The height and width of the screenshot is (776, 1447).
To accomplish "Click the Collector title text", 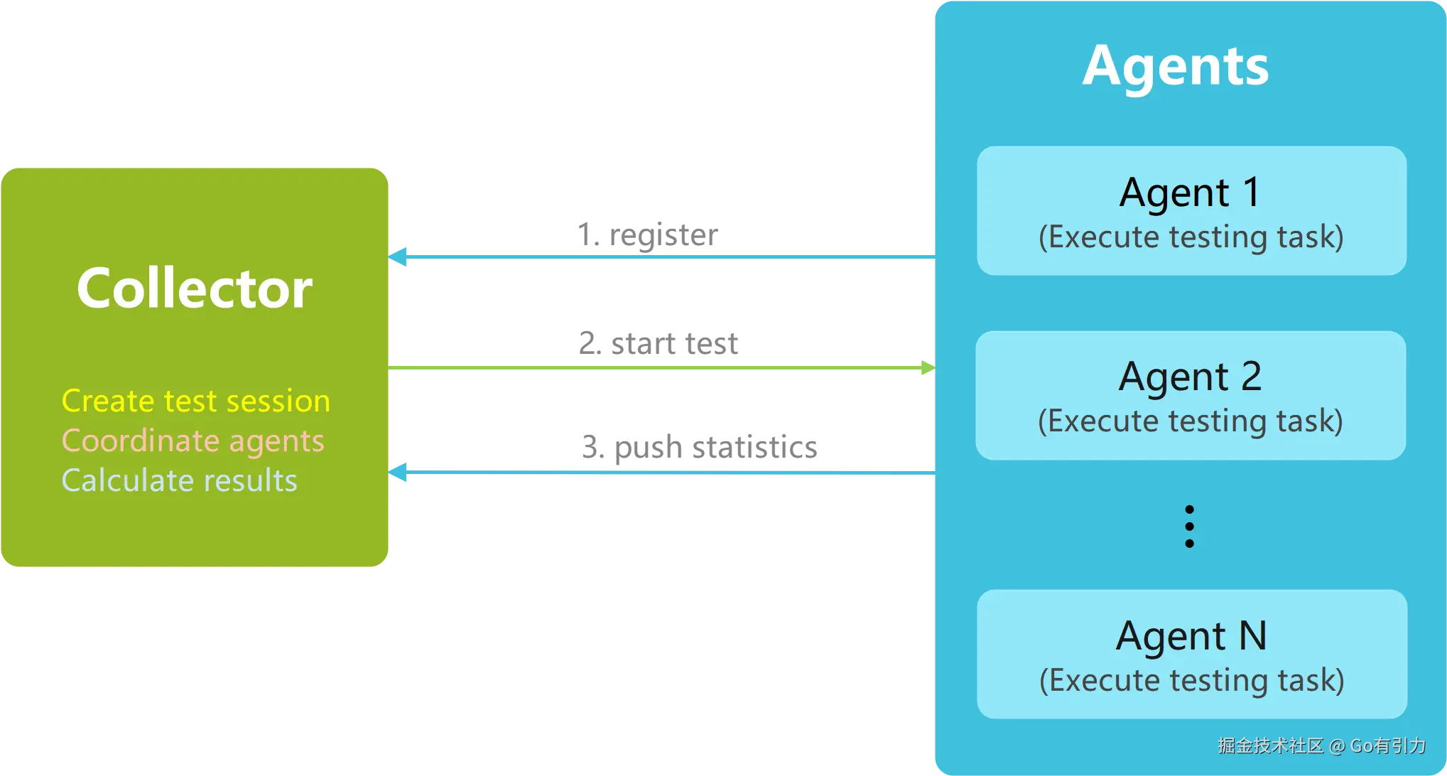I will tap(195, 289).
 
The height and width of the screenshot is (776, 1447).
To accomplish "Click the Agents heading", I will tap(1176, 66).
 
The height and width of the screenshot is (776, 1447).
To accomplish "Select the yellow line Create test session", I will tap(196, 401).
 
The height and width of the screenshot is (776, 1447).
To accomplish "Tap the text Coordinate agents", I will tap(193, 441).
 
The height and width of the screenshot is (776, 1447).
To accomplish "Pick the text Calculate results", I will tap(179, 481).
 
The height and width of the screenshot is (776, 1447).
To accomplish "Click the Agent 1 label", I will tap(1190, 193).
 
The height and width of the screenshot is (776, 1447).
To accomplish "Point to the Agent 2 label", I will tap(1190, 377).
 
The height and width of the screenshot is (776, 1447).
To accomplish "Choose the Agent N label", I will tap(1191, 635).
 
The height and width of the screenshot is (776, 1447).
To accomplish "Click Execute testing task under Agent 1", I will tap(1191, 237).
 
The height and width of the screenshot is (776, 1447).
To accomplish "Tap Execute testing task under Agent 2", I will tap(1191, 421).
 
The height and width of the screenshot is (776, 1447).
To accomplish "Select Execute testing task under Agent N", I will tap(1192, 681).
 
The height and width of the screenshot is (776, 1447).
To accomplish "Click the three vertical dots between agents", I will tap(1190, 527).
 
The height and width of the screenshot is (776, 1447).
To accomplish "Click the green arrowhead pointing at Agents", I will tap(927, 367).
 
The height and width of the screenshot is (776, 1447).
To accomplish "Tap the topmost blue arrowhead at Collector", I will tap(400, 256).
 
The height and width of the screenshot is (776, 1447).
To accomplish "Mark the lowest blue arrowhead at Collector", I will tap(400, 472).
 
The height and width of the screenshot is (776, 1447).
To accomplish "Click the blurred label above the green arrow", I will tap(659, 345).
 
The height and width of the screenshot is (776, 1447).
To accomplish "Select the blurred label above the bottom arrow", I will tap(698, 448).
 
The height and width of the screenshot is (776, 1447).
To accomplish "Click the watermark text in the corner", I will tap(1321, 745).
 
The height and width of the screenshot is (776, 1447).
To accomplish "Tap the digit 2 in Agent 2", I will tap(1251, 376).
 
